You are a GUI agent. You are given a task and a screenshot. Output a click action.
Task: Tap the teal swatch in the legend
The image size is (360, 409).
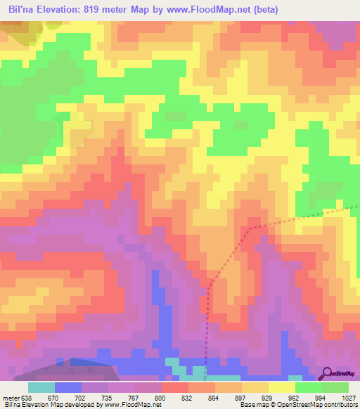click(41, 387)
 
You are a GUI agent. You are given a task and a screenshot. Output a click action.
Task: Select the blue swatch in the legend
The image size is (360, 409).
click(68, 387)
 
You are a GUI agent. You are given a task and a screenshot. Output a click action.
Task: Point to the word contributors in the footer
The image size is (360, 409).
click(340, 405)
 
